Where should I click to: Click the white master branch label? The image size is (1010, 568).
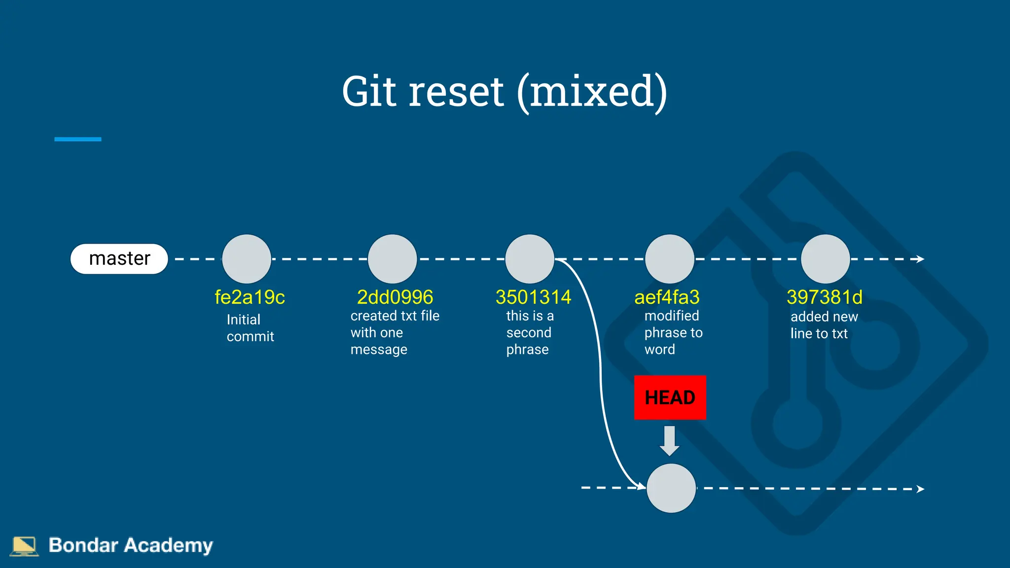[x=119, y=259]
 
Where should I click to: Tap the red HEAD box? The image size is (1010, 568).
[x=670, y=397]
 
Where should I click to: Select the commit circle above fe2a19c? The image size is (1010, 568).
[x=247, y=259]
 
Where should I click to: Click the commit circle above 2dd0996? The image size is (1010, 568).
[x=393, y=259]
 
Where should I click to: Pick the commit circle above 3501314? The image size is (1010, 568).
[x=530, y=259]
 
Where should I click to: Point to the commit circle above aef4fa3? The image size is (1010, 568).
[x=670, y=259]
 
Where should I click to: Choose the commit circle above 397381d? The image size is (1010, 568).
[x=825, y=259]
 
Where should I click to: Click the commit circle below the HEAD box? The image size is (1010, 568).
[x=671, y=488]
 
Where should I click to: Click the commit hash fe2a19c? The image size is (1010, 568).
[x=250, y=297]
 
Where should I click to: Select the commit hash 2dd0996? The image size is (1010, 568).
[x=395, y=297]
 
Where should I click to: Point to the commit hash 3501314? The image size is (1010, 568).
[x=533, y=297]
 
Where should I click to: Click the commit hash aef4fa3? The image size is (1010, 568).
[x=667, y=297]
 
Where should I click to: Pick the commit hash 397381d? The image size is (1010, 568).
[x=825, y=297]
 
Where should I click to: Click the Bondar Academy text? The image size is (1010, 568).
[x=131, y=545]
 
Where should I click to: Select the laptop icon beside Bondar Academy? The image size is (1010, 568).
[x=24, y=546]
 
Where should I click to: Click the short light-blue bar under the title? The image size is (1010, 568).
[x=77, y=140]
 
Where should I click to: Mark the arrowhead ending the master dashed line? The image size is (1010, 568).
[x=920, y=259]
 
